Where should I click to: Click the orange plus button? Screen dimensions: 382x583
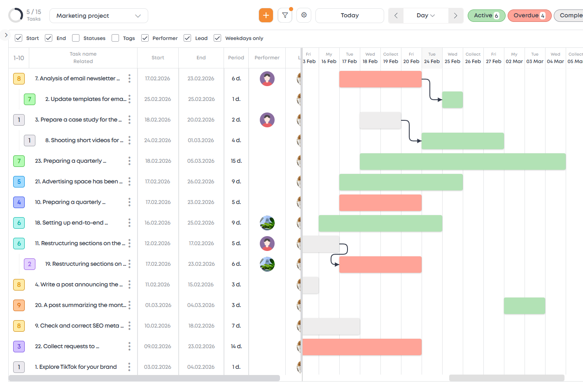click(266, 15)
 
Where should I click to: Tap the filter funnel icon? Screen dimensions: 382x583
click(285, 15)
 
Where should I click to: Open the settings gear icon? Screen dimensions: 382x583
click(304, 15)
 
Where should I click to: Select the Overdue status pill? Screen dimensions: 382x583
click(529, 16)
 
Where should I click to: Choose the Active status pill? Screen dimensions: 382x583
click(486, 16)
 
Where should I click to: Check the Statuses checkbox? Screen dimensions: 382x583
click(76, 38)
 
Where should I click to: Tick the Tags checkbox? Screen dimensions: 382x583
click(115, 38)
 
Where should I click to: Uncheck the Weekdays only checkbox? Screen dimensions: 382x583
click(217, 38)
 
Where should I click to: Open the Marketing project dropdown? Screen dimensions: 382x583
click(98, 16)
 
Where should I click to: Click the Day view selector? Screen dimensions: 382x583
click(425, 16)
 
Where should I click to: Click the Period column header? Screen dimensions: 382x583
click(236, 58)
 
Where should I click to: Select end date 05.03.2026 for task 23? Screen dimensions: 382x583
click(201, 161)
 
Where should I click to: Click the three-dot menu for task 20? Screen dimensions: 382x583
click(129, 305)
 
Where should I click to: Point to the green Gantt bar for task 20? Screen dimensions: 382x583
click(524, 306)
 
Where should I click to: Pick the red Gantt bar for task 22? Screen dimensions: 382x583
click(362, 347)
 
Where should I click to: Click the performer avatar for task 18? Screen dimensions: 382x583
click(267, 223)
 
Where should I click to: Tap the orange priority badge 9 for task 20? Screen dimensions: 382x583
click(19, 305)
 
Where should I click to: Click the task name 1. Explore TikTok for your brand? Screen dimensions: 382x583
click(76, 367)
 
